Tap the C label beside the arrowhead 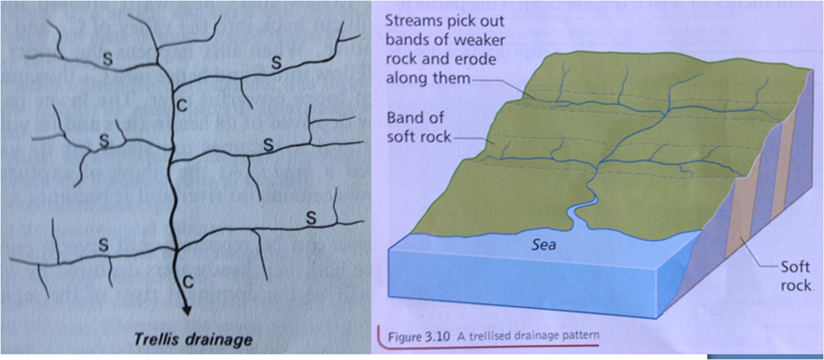pyautogui.click(x=187, y=282)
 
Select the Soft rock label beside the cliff pyautogui.click(x=795, y=276)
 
